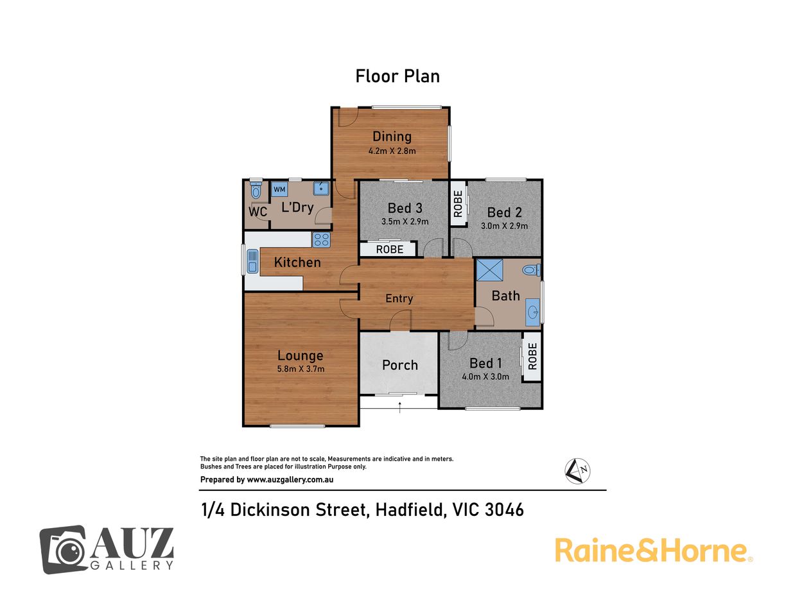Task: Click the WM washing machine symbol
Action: [x=279, y=189]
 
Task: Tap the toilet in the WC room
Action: [x=256, y=190]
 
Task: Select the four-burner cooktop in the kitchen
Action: [x=321, y=239]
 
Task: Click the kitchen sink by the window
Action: [x=252, y=261]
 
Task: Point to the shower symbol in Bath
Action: [x=489, y=270]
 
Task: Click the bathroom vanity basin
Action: [x=533, y=312]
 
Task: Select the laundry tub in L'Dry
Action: [x=321, y=188]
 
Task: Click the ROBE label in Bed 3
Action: [x=390, y=249]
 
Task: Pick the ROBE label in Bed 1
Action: [x=532, y=356]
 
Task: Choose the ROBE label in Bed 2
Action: [x=458, y=204]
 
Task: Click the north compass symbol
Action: [x=577, y=471]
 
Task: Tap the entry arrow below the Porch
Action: [x=399, y=407]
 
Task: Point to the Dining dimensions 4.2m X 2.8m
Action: [x=392, y=151]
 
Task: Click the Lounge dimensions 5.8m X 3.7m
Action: [x=301, y=369]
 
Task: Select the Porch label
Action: [x=400, y=365]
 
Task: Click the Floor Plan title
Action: [x=397, y=76]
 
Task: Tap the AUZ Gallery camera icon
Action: [x=64, y=550]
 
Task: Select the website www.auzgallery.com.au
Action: [x=290, y=479]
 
